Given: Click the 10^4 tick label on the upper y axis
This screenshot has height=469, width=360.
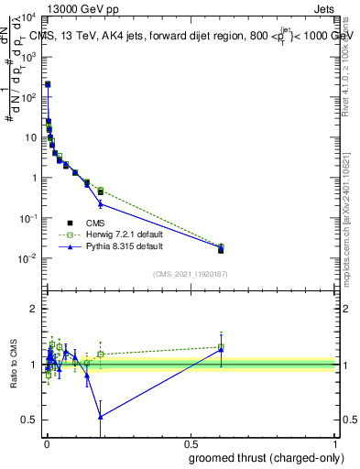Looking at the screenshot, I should coord(27,17).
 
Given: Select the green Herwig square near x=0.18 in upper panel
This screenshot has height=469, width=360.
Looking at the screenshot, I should coord(101,191).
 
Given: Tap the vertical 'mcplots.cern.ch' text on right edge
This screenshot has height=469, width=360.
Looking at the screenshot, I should coord(352,229).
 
